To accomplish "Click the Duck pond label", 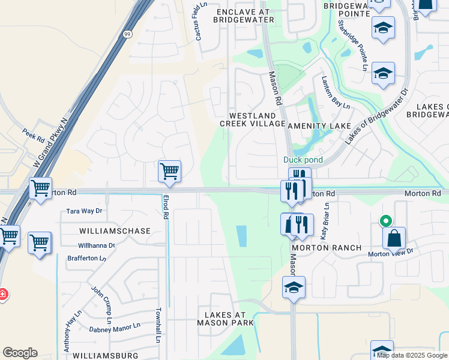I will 303,160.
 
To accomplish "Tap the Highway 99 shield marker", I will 127,35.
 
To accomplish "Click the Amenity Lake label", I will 319,125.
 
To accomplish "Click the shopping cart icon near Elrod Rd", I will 169,172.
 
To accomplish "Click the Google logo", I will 20,353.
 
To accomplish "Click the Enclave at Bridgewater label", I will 244,16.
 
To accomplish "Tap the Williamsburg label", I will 106,355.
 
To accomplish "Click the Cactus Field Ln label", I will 200,23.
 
